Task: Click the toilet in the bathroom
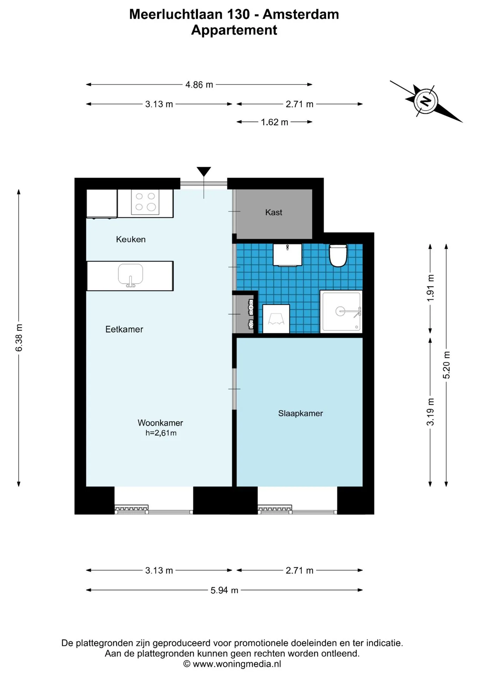[338, 255]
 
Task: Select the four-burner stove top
[145, 202]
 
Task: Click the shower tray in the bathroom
[341, 311]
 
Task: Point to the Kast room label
[274, 212]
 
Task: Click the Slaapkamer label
[301, 413]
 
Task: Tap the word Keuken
[131, 239]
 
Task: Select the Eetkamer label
[124, 329]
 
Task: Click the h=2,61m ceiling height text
[161, 433]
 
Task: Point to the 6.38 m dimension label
[19, 338]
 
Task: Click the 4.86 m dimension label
[199, 85]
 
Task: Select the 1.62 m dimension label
[274, 122]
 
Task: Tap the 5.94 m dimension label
[224, 590]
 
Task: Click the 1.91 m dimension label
[430, 288]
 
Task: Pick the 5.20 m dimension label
[447, 365]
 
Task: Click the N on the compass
[426, 101]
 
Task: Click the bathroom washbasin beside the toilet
[287, 255]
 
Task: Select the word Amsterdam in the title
[301, 14]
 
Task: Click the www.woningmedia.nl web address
[237, 664]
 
